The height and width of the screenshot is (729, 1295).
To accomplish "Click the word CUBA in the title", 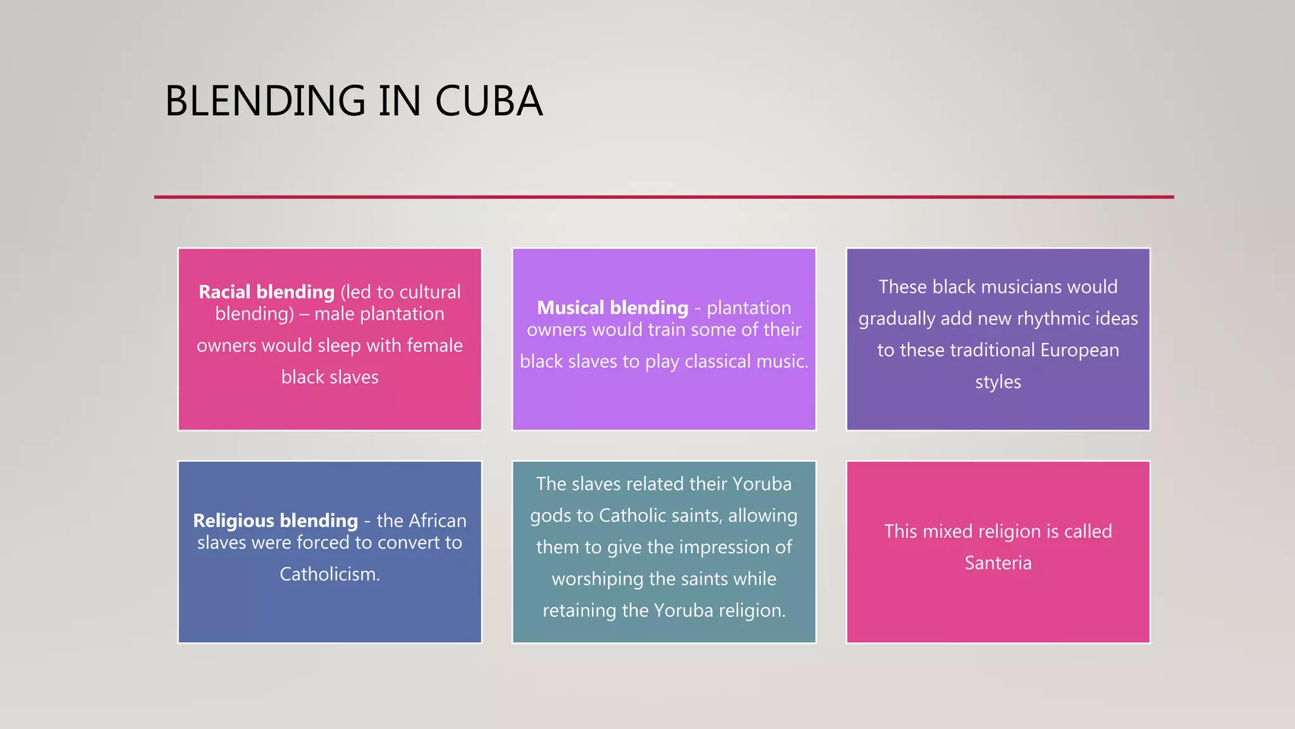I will (x=488, y=101).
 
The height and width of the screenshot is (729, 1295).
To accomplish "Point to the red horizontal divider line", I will (x=664, y=197).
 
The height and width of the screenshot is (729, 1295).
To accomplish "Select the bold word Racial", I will (x=225, y=292).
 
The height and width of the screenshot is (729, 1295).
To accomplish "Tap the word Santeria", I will (x=998, y=563).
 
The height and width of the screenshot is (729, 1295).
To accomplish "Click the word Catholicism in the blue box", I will (x=329, y=574).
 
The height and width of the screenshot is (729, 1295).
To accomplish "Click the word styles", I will (x=998, y=382).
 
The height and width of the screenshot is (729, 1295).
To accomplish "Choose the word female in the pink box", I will (x=434, y=346).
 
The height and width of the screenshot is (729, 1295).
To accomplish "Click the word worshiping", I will (x=597, y=578).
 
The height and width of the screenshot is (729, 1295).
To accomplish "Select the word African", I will (x=437, y=521).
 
